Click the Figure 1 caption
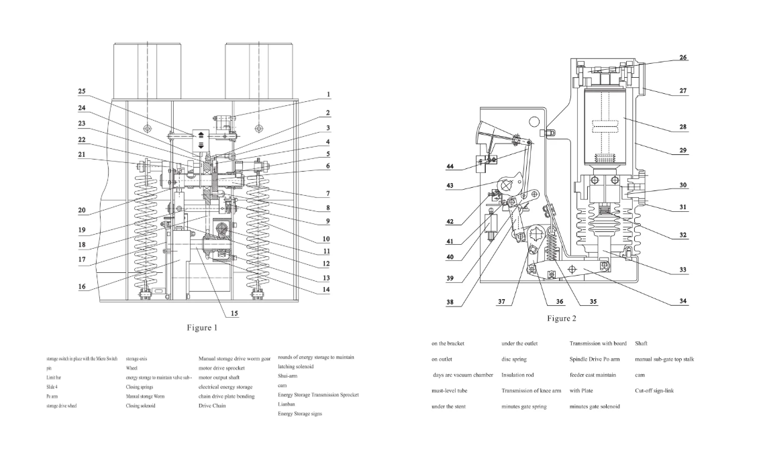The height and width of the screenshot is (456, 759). (202, 328)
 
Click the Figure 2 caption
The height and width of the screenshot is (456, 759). (561, 318)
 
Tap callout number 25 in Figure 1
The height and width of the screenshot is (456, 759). (81, 91)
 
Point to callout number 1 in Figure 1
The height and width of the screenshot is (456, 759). (328, 95)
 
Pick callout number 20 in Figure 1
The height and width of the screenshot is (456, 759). (81, 211)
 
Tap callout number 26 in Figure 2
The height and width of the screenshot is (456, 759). (682, 58)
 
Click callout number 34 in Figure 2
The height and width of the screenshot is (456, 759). (682, 301)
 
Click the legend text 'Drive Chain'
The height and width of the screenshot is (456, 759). (212, 406)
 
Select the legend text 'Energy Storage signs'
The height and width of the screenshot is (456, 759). (299, 414)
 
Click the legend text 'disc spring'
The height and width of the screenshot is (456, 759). (514, 359)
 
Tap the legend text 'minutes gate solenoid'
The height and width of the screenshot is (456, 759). (595, 406)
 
